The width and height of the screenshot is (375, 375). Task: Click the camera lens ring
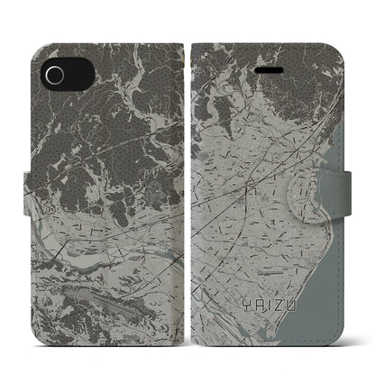pos(56,72)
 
